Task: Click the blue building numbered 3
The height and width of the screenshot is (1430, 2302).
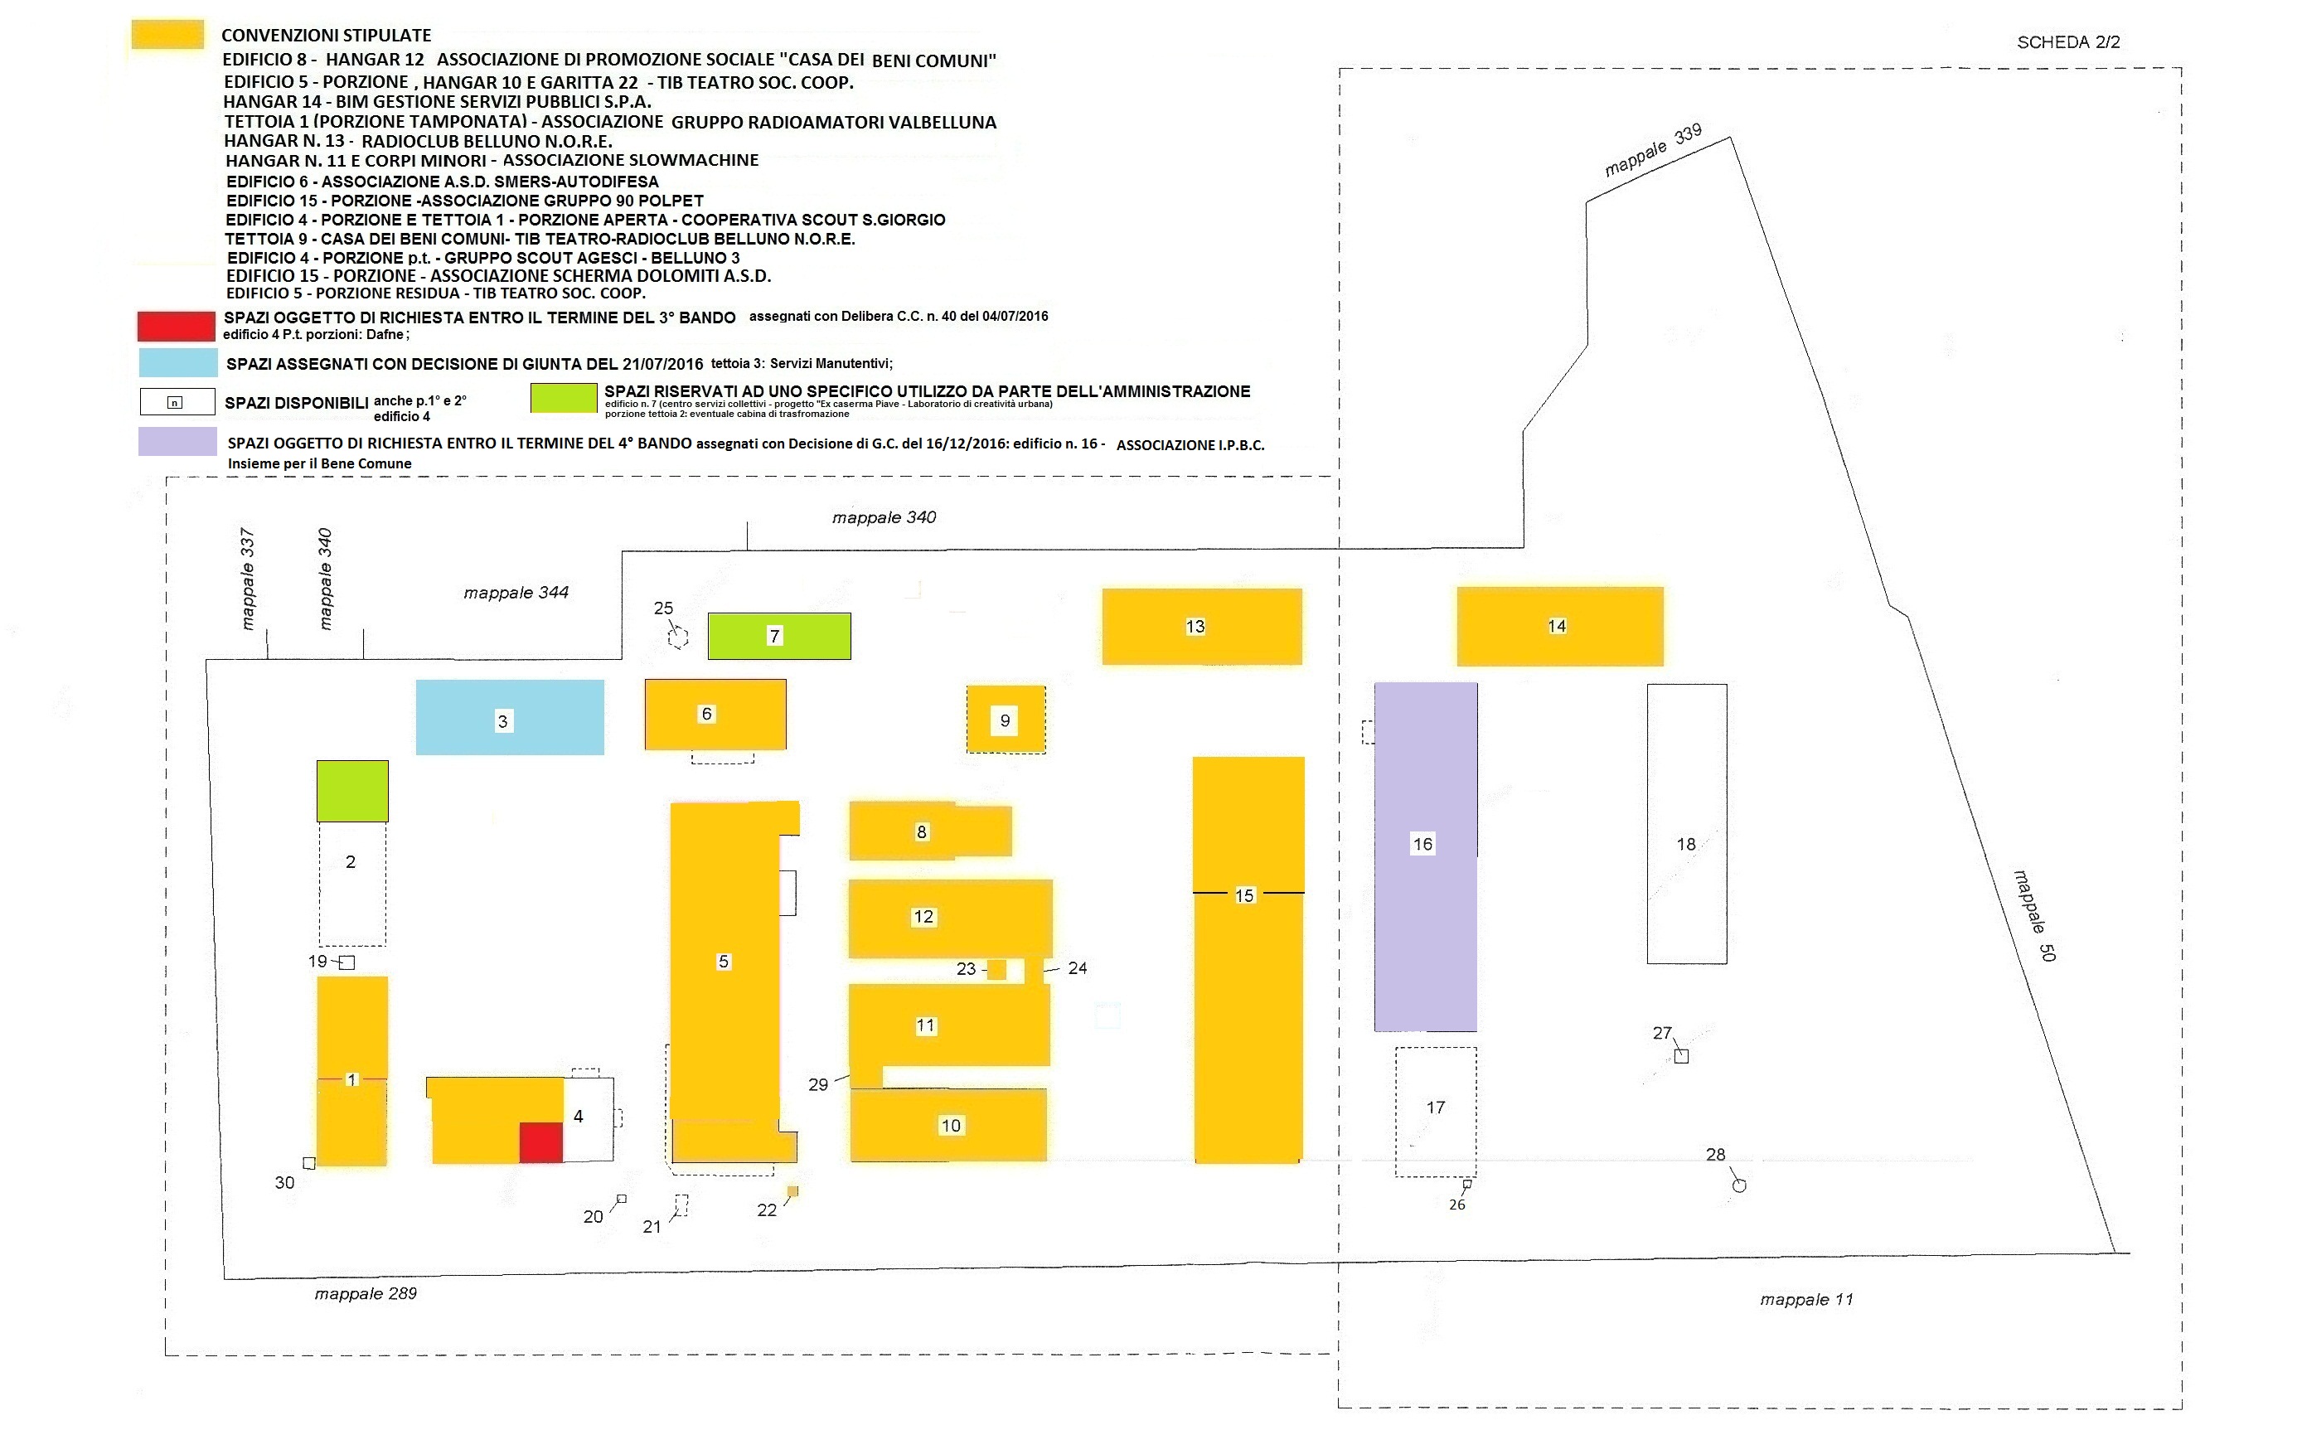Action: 510,717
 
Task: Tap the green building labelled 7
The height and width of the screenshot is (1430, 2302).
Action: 779,636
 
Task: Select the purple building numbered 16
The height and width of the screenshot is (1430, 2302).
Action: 1425,857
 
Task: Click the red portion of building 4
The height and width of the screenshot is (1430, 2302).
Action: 541,1142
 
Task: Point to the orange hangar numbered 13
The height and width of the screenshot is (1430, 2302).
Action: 1202,626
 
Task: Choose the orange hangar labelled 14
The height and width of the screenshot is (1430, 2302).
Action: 1559,626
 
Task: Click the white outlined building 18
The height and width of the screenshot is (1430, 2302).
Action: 1687,824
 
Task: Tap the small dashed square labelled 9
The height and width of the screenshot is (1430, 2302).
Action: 1006,720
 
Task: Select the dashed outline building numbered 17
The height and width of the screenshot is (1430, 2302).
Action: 1436,1112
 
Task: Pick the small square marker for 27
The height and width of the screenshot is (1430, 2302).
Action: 1682,1056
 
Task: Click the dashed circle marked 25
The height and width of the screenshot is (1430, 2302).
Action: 677,639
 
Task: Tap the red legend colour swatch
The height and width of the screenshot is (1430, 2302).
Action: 176,327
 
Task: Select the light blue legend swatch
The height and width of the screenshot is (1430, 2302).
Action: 177,363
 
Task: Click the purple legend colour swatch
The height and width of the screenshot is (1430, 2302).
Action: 177,442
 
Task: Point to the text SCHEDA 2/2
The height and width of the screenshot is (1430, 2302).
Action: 2068,42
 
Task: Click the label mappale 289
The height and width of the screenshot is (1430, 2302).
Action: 366,1294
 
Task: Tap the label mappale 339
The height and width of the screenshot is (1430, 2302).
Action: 1653,150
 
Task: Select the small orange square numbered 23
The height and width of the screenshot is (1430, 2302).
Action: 996,969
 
